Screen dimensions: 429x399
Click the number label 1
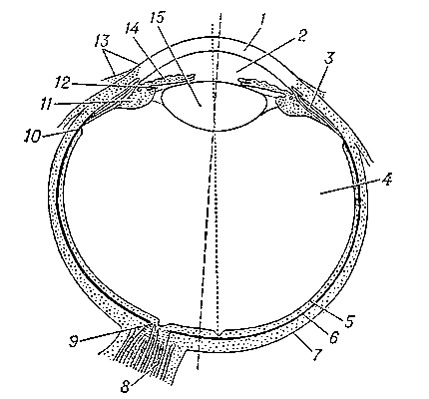click(262, 21)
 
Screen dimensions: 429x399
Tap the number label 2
click(301, 36)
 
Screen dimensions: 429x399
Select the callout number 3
click(328, 58)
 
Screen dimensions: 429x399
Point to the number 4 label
click(387, 179)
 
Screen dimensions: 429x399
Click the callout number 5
click(349, 321)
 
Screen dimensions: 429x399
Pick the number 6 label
click(333, 336)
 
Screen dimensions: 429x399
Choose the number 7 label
click(317, 354)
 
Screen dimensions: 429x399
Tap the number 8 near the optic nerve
click(125, 387)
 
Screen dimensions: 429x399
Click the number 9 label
click(74, 341)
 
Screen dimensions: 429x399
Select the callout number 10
click(32, 137)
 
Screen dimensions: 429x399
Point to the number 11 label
click(46, 105)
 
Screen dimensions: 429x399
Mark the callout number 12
click(62, 83)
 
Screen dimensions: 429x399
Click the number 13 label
click(102, 41)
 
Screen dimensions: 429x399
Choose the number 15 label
click(157, 18)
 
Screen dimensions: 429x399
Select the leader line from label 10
click(58, 134)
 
